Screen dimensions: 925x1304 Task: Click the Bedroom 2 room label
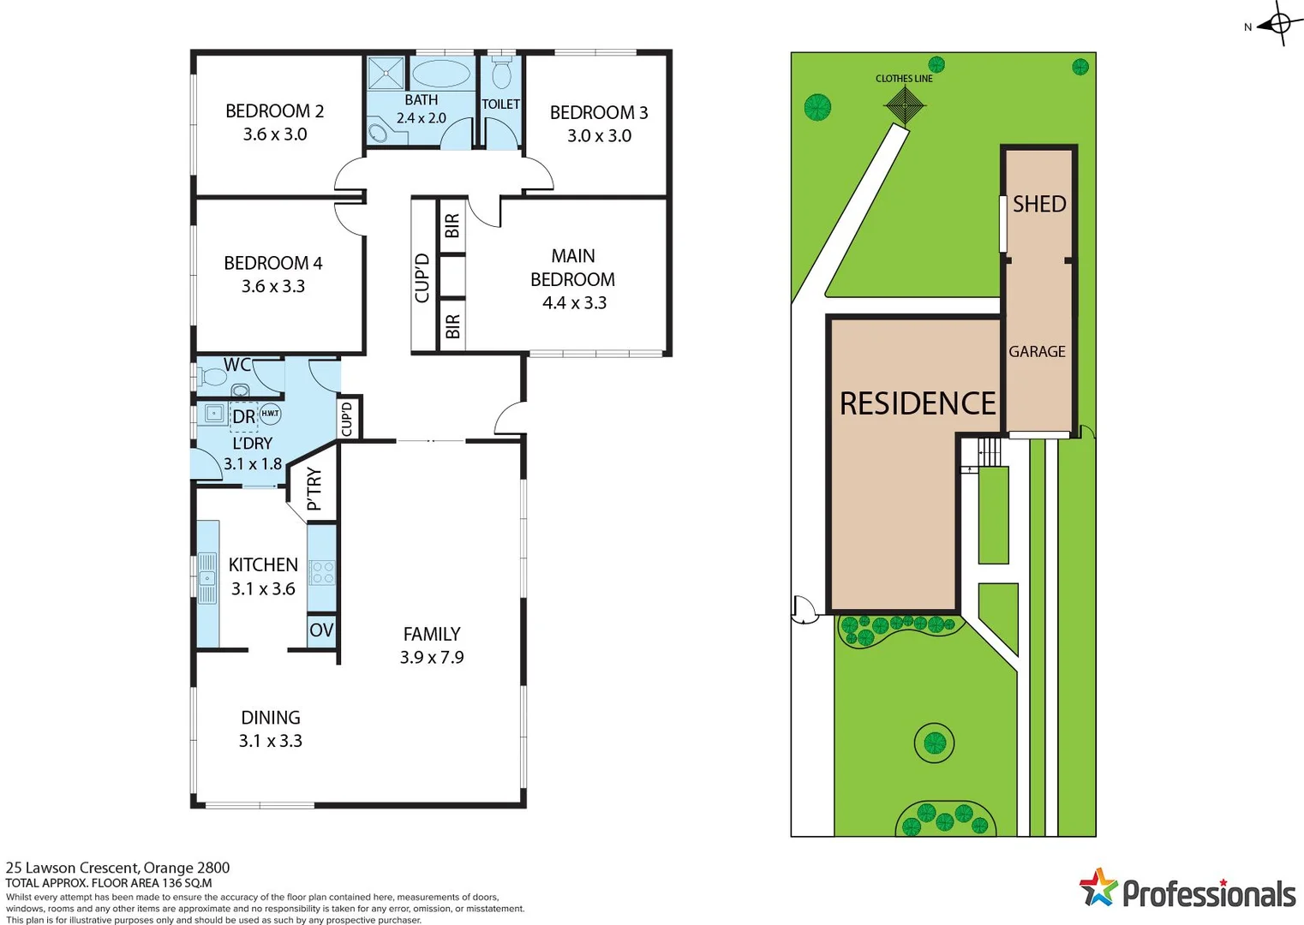click(274, 111)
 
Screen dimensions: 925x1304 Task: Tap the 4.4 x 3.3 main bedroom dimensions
click(574, 303)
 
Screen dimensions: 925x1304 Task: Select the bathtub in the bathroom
click(442, 74)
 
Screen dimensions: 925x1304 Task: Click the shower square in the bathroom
click(386, 73)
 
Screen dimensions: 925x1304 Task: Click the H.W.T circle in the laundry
click(270, 414)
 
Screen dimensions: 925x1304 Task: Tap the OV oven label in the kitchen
click(321, 631)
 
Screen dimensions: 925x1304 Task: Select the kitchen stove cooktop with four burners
click(322, 572)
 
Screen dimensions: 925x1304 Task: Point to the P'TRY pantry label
click(314, 489)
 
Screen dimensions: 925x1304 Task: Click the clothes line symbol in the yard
click(904, 105)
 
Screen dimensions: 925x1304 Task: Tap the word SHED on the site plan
click(1039, 204)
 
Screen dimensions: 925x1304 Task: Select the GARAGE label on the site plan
click(1037, 352)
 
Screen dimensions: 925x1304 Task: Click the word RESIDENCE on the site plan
click(917, 403)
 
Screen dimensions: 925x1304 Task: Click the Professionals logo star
click(1098, 888)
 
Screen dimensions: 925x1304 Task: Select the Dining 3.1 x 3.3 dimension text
click(270, 741)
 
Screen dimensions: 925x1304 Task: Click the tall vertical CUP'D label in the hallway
click(422, 277)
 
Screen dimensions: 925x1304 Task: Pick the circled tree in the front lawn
click(933, 742)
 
